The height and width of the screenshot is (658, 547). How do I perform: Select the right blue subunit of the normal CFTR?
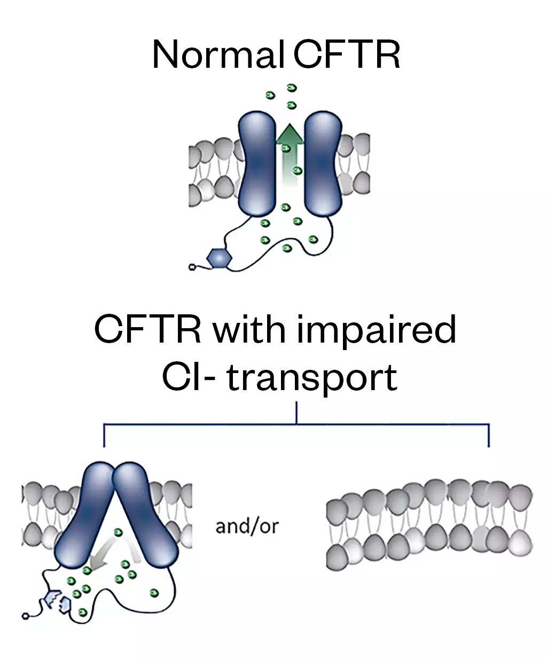322,163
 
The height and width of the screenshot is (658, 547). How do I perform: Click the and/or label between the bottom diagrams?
247,527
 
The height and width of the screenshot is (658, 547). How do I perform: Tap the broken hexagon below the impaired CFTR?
59,601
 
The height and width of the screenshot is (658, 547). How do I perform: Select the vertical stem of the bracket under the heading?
296,414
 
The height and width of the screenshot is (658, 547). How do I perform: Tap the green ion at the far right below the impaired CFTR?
155,592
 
